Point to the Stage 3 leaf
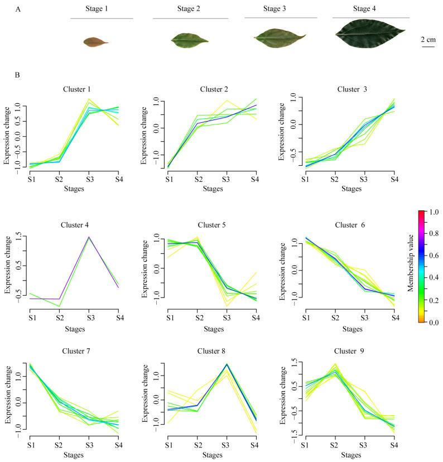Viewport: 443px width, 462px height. [280, 37]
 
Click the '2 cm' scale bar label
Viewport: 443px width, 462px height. [428, 39]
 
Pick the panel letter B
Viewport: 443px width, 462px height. [18, 74]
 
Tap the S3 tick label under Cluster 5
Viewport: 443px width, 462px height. [227, 318]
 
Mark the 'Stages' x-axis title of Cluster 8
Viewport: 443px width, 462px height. [213, 455]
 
